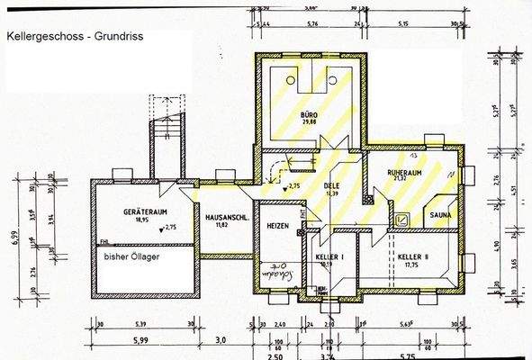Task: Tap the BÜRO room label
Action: pyautogui.click(x=310, y=117)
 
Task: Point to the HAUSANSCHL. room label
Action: pyautogui.click(x=221, y=219)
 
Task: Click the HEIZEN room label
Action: pyautogui.click(x=277, y=227)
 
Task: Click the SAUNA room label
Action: pyautogui.click(x=440, y=216)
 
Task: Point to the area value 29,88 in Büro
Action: pyautogui.click(x=310, y=126)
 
